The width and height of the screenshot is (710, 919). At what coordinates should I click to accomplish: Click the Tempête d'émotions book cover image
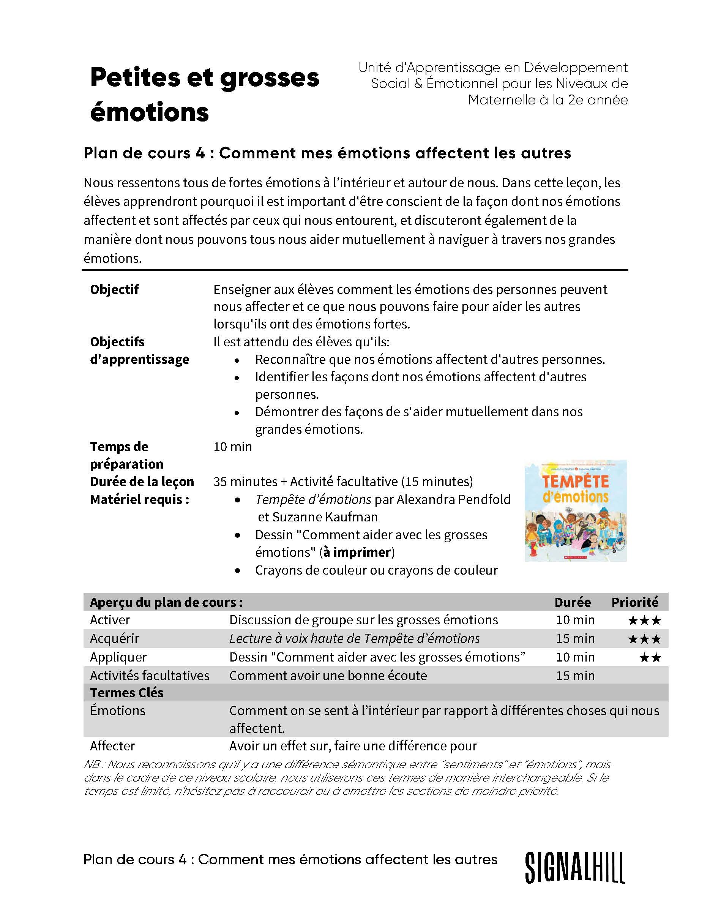(575, 510)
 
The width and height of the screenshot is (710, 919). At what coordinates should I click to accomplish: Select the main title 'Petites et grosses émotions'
(205, 95)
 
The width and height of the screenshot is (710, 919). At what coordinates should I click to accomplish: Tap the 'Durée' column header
(572, 602)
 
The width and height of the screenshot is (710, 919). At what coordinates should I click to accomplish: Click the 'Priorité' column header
(634, 602)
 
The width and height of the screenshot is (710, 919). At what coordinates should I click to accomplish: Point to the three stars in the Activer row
(644, 621)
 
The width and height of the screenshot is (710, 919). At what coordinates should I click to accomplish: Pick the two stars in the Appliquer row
(650, 658)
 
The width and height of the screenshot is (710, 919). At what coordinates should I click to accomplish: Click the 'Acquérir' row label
(114, 639)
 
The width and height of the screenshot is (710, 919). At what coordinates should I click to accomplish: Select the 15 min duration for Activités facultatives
(575, 676)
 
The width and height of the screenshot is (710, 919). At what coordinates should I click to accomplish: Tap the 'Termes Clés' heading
(126, 693)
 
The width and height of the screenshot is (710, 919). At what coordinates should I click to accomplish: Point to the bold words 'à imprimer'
(357, 552)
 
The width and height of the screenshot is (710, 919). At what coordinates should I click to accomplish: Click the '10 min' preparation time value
(233, 447)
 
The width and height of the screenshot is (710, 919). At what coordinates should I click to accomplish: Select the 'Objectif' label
(114, 289)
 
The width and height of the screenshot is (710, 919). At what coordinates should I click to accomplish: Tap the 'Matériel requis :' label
(140, 499)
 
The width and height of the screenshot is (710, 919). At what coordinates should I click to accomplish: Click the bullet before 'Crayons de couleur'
(238, 571)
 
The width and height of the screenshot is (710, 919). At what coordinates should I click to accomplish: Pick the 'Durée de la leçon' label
(142, 482)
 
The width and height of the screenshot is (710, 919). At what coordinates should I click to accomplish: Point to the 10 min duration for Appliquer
(575, 657)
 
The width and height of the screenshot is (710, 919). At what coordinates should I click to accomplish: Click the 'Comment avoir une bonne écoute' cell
(328, 676)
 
